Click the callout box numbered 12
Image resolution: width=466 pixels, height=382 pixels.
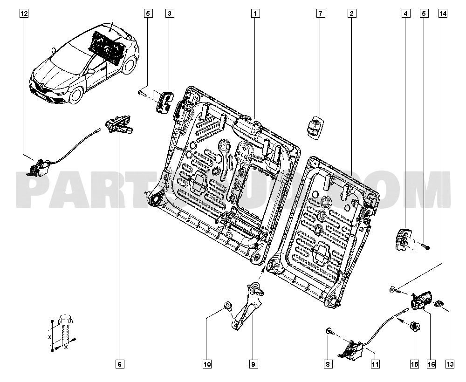(24, 14)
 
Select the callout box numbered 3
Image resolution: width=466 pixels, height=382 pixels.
(170, 14)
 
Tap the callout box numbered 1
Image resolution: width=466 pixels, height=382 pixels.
(254, 14)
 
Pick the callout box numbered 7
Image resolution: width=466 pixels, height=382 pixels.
(320, 14)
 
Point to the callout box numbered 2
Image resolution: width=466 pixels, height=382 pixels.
(350, 14)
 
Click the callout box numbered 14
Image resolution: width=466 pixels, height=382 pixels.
(441, 14)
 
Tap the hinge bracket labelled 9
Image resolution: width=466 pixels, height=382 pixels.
(246, 307)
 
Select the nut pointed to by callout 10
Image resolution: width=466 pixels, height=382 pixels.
(228, 306)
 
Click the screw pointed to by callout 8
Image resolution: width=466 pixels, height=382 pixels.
(329, 331)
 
